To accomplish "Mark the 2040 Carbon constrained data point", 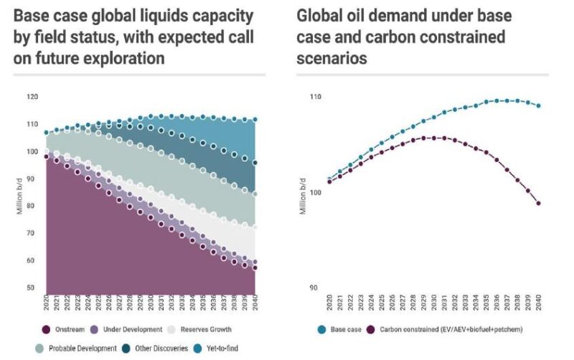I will pos(538,203).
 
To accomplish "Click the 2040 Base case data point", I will pos(538,105).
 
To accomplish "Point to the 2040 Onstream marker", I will pos(255,267).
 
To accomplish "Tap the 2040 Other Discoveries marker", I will pos(255,163).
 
